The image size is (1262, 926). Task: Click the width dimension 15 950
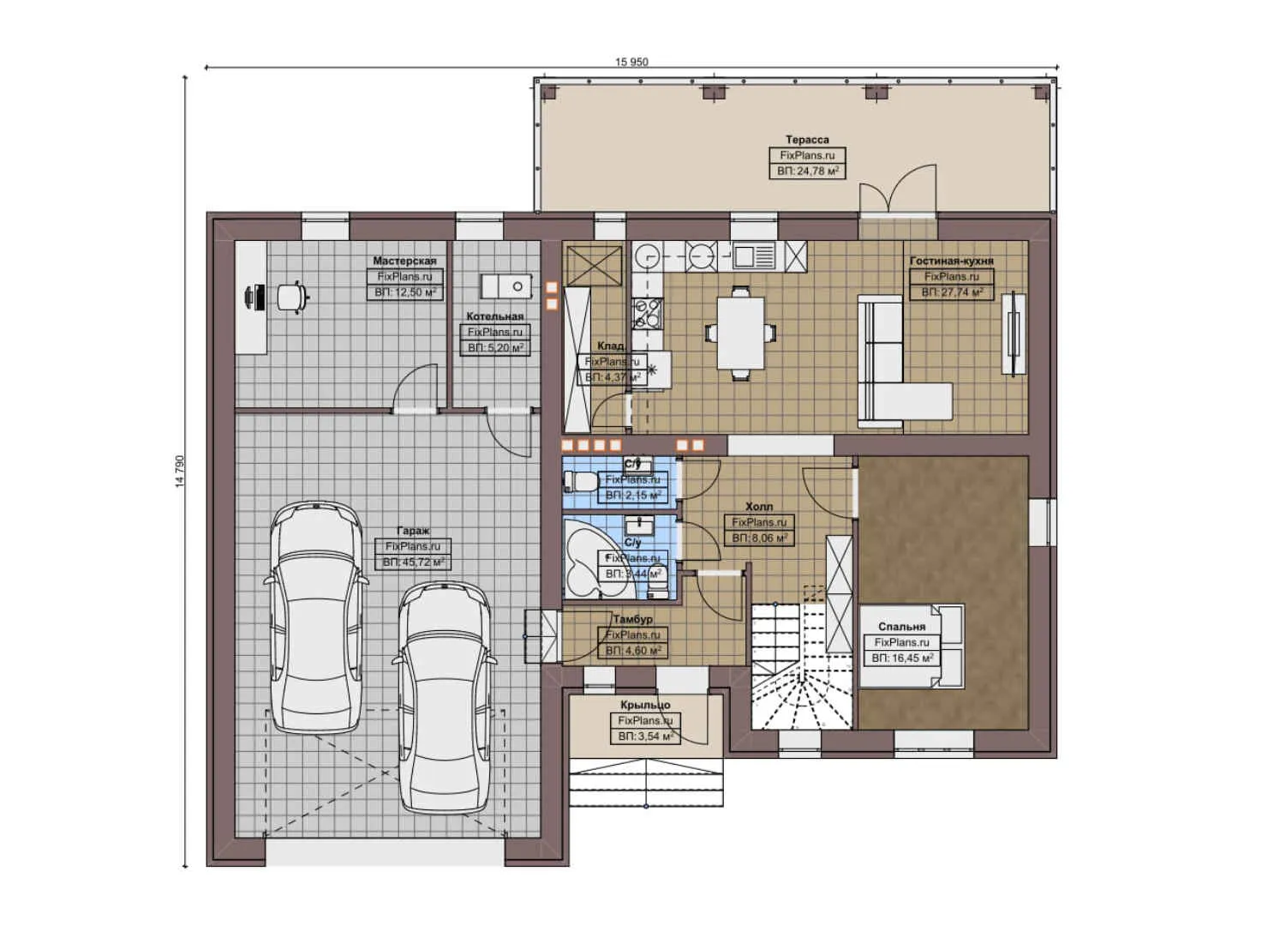(631, 62)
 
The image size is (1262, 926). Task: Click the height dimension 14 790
(179, 472)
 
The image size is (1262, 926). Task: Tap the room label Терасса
(807, 140)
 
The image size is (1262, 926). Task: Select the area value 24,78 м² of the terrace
(807, 171)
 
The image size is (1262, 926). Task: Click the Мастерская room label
(404, 261)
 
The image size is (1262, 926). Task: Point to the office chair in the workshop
(291, 296)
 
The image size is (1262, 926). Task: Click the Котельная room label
(494, 316)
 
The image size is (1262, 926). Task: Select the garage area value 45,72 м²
(413, 562)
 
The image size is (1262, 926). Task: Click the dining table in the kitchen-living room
(740, 332)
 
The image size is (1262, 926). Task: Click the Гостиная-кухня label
(951, 261)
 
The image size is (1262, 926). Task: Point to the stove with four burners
(646, 313)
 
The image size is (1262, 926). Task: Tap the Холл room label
(758, 507)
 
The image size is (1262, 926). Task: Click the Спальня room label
(901, 627)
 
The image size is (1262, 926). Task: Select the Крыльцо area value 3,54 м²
(648, 737)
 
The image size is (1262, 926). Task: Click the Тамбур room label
(632, 619)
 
